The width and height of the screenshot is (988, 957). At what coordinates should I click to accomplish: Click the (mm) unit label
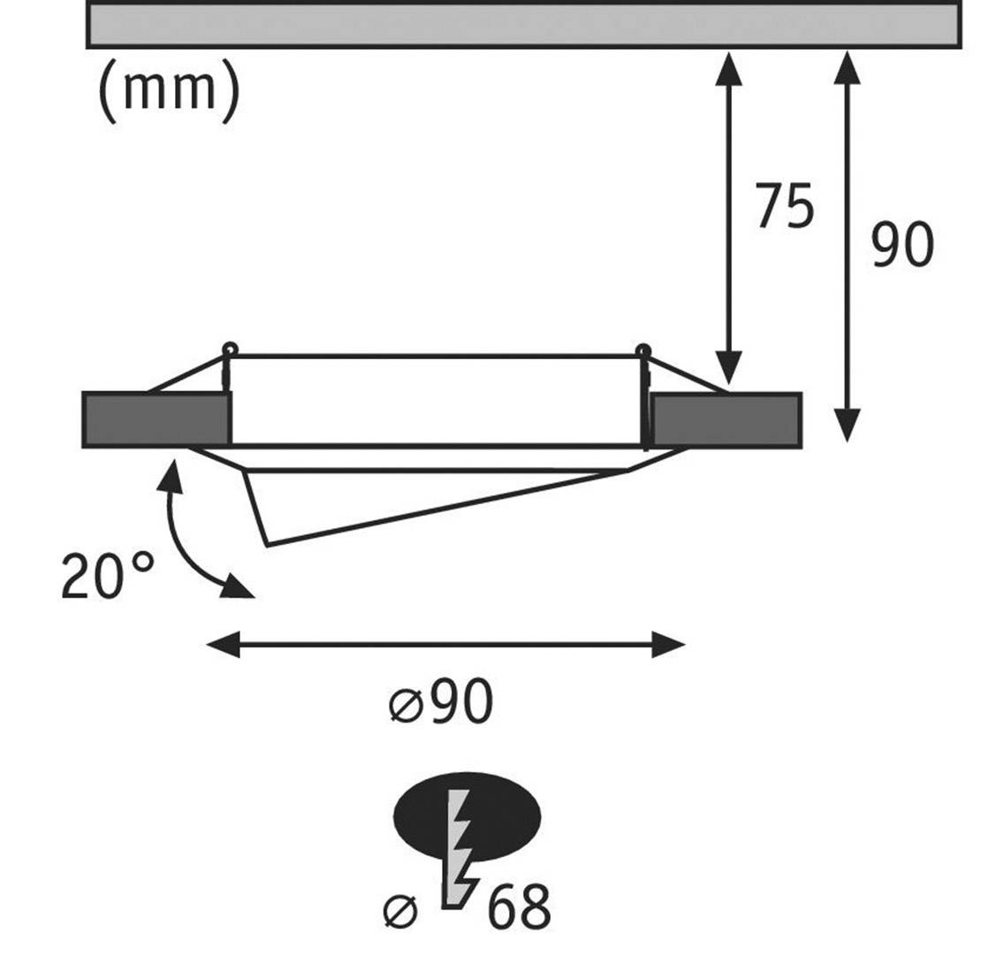(x=168, y=88)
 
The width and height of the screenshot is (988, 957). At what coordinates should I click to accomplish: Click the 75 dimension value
(x=784, y=208)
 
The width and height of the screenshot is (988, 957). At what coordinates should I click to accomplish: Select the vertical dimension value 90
(x=901, y=246)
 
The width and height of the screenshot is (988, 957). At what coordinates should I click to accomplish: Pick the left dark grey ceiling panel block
(x=156, y=419)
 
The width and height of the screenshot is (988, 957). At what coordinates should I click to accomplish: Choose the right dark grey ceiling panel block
(x=726, y=419)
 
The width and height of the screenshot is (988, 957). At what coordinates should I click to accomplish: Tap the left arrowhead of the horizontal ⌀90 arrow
(x=221, y=645)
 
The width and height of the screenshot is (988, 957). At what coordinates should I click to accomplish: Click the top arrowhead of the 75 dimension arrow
(x=728, y=65)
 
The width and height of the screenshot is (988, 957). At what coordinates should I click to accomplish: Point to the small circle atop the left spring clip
(x=229, y=348)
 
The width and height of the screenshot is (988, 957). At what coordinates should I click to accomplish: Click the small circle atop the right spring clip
(x=643, y=349)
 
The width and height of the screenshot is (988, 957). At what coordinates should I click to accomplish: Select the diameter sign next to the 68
(x=399, y=910)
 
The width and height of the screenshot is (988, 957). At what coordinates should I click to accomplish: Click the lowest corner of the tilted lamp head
(x=266, y=545)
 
